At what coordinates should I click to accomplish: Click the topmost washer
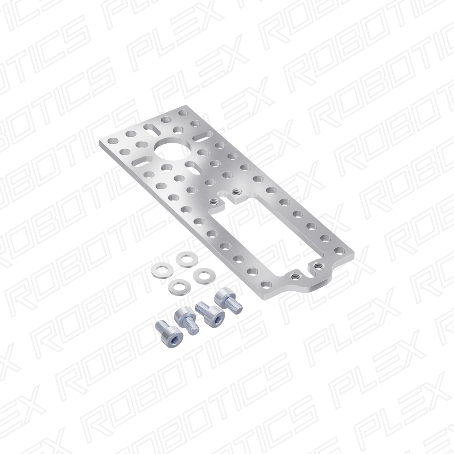coord(186,259)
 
